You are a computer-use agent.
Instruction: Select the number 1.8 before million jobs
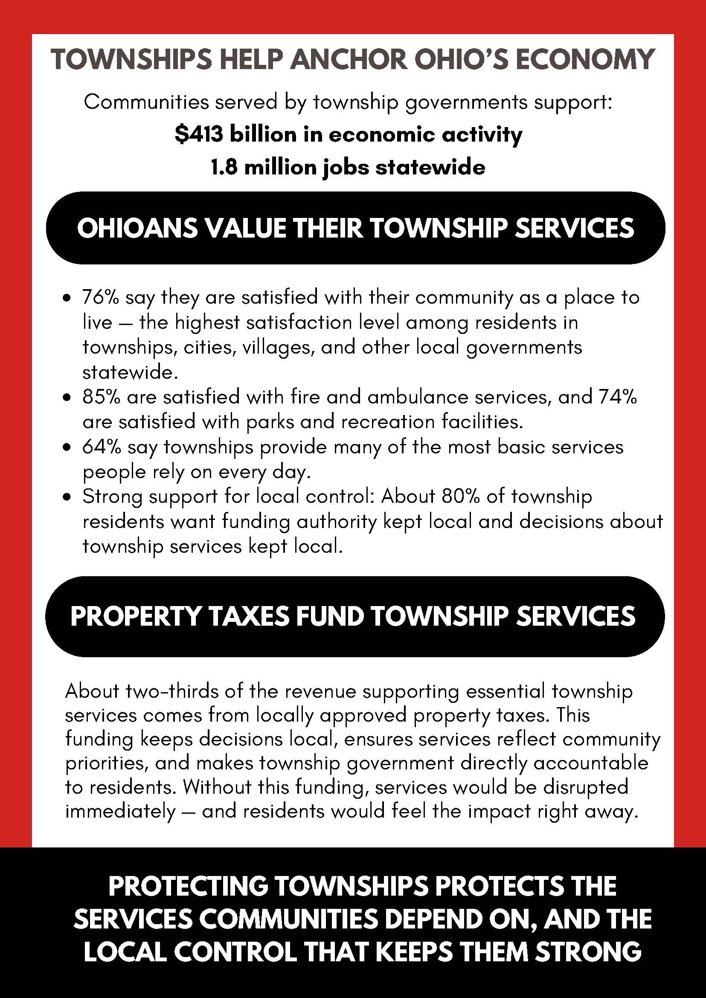(x=224, y=167)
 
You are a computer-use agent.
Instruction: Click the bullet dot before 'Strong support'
(x=67, y=497)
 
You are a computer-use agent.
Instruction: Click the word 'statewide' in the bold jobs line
(x=430, y=167)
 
